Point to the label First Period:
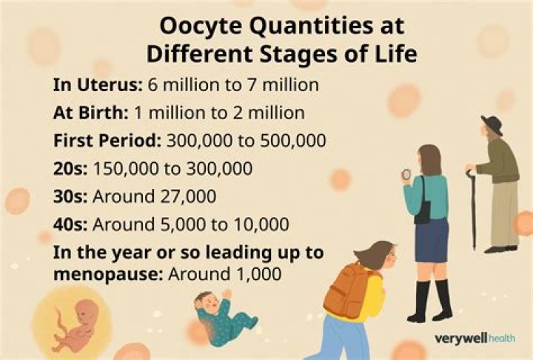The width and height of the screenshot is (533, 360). (107, 140)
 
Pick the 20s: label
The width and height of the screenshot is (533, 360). (68, 168)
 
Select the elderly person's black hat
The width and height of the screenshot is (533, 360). (491, 125)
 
